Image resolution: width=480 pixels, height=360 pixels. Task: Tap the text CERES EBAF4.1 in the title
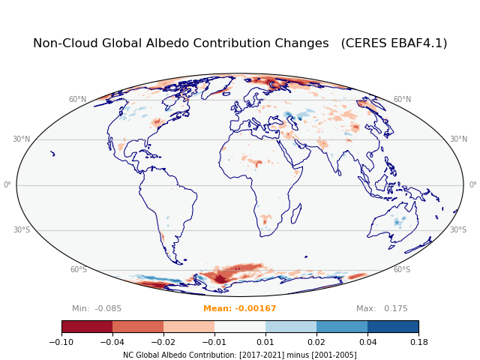tap(394, 43)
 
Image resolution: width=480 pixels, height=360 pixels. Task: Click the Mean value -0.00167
tap(240, 309)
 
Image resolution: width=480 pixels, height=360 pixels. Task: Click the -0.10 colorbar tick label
tap(61, 342)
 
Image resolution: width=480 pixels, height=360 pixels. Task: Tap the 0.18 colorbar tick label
tap(418, 342)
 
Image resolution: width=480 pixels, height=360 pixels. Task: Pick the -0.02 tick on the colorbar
tap(163, 342)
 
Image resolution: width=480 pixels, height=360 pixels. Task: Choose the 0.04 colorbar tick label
tap(367, 342)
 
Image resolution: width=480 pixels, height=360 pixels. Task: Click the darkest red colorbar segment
tap(87, 327)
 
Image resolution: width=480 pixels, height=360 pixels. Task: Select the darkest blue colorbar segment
tap(393, 327)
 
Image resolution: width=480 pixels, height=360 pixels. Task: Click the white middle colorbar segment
tap(240, 327)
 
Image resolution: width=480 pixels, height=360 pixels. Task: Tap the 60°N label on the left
tap(77, 100)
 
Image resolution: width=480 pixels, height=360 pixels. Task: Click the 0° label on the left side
tap(7, 185)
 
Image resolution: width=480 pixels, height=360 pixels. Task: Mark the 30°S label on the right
tap(458, 230)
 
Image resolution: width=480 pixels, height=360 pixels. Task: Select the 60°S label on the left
tap(79, 270)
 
